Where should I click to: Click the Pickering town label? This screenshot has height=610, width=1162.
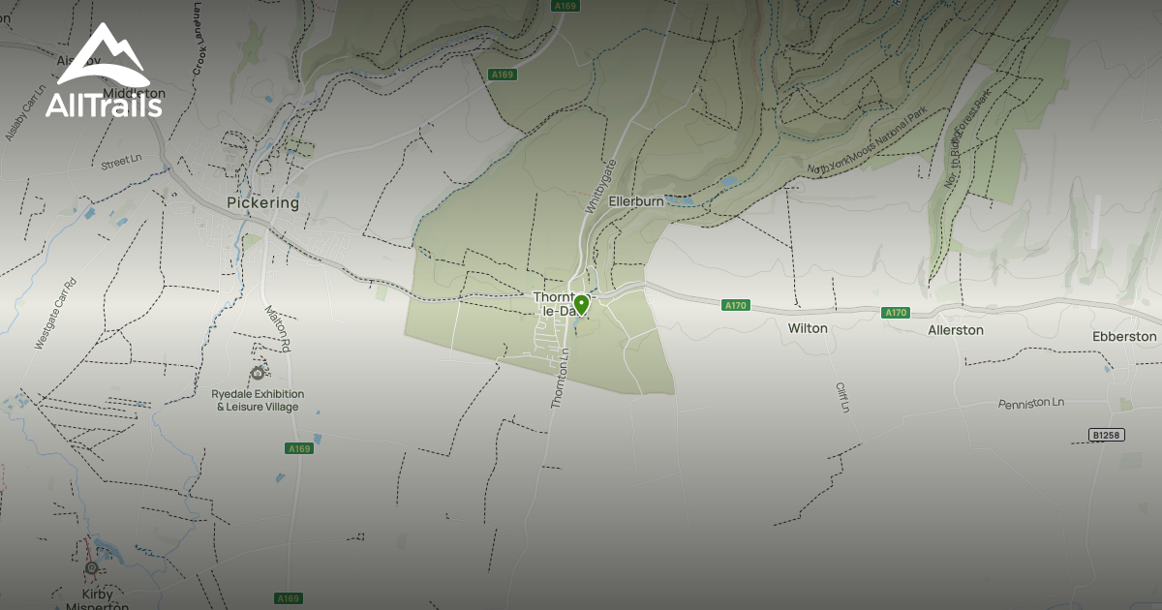pos(262,203)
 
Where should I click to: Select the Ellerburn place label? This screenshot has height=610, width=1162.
pos(635,201)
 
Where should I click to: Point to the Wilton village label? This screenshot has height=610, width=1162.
pos(808,328)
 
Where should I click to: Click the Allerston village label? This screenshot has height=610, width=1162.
pos(956,330)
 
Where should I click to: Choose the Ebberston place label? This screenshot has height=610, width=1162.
pos(1124,336)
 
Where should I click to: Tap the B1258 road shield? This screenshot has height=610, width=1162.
pos(1105,435)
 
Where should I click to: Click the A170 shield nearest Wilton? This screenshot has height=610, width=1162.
pos(736,306)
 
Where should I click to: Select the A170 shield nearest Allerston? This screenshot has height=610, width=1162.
pos(896,313)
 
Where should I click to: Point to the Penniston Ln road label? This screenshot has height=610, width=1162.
pos(1031,402)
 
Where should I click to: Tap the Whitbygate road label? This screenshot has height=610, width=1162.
pos(600,187)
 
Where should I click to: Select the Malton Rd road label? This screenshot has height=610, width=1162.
pos(277,328)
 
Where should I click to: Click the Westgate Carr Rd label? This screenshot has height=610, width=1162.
pos(55,314)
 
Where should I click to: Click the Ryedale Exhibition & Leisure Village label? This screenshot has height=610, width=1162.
pos(258,400)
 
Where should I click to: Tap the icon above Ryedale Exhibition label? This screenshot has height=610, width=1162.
pos(258,373)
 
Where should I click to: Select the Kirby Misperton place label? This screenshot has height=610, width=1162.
pos(97,600)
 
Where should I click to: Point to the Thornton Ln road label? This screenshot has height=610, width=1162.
pos(559,378)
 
